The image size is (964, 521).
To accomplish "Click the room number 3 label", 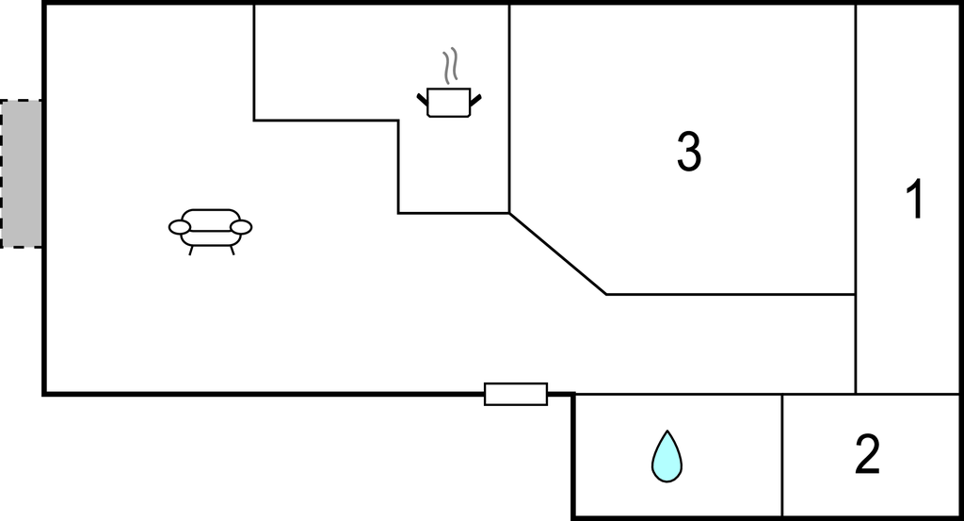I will (x=689, y=152).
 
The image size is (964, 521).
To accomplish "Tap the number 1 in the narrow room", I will (x=913, y=200).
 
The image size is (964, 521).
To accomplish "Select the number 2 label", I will (x=866, y=455).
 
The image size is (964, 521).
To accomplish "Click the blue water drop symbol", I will (x=667, y=457).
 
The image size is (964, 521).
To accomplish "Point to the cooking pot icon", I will (x=448, y=102).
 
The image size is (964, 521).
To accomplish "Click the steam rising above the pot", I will (x=451, y=66).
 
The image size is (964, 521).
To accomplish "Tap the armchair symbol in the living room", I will (x=211, y=228).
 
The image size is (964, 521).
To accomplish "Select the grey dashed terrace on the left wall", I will (x=21, y=173).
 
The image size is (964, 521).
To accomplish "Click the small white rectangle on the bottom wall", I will (x=516, y=394).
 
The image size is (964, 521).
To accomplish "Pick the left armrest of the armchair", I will (x=179, y=227).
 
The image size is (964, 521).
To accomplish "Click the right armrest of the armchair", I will (x=242, y=227).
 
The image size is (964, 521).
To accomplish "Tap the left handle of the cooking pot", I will (x=422, y=96).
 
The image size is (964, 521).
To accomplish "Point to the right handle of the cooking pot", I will (x=476, y=96).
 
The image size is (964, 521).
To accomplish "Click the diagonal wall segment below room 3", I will (x=557, y=253).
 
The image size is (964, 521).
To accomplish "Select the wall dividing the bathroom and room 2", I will (x=782, y=455).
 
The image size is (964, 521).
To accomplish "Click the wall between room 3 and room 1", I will (x=856, y=151).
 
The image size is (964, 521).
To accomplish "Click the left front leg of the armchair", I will (x=191, y=251).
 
